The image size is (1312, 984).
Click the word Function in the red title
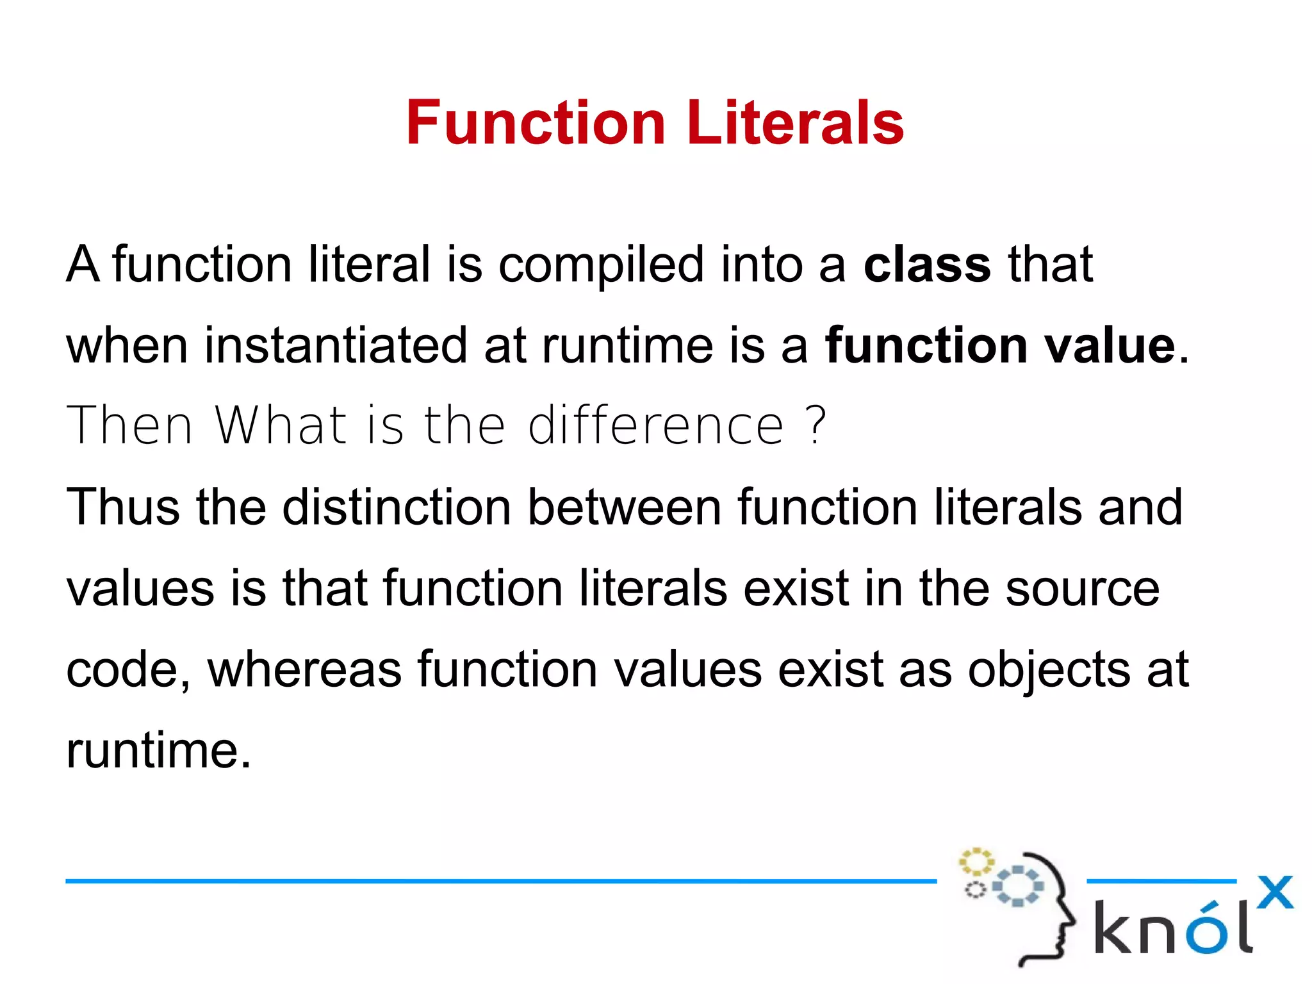[x=536, y=123]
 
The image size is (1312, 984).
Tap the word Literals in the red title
[x=795, y=123]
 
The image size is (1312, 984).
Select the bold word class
[x=926, y=265]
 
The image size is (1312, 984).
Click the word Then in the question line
[x=129, y=425]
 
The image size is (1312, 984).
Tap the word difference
[x=656, y=425]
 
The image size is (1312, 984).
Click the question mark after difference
[x=816, y=425]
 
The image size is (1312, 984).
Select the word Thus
[x=123, y=507]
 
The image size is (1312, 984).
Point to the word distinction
[x=397, y=507]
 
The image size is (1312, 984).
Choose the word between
[x=624, y=507]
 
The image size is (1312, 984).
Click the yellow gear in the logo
[x=976, y=862]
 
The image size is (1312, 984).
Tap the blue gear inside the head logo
[x=1017, y=887]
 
